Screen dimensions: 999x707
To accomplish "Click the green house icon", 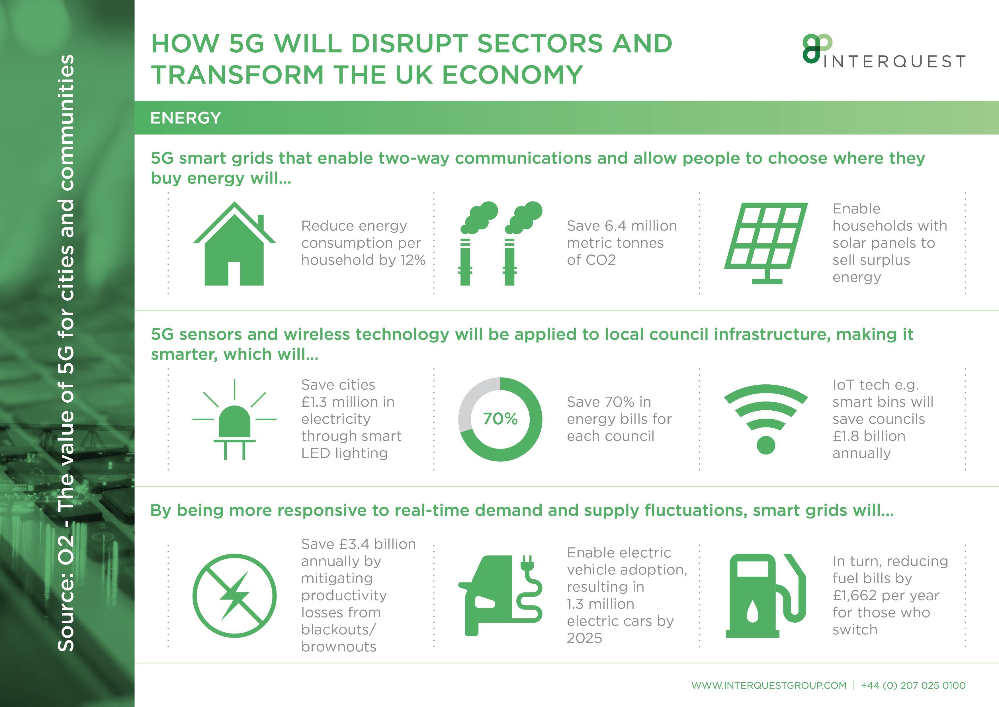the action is coord(235,244).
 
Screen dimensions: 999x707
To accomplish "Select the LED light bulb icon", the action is coord(235,420).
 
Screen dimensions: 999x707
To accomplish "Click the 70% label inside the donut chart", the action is coord(500,419).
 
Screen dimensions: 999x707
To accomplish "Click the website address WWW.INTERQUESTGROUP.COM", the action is coord(769,686).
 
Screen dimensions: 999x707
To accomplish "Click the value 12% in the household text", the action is coord(413,260).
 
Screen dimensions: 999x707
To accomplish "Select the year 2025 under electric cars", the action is coord(584,638).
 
